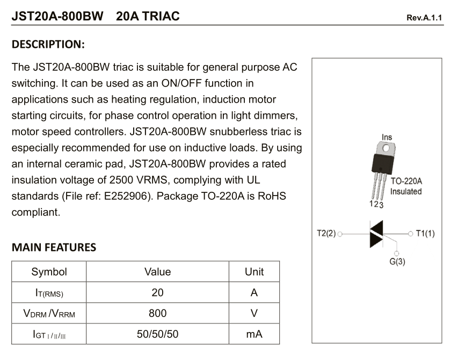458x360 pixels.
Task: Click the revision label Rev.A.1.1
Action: (x=424, y=18)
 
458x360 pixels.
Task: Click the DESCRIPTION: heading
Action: (x=48, y=44)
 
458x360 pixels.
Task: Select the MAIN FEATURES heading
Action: (x=54, y=248)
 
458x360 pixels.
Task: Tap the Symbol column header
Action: (x=49, y=272)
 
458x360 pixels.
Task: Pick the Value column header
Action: (x=157, y=272)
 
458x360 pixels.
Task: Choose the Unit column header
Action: (x=254, y=272)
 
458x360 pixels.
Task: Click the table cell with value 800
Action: (x=157, y=313)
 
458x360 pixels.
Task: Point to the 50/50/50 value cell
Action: (x=157, y=334)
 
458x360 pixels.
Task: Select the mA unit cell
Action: (x=254, y=334)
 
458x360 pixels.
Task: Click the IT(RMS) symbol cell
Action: (x=49, y=293)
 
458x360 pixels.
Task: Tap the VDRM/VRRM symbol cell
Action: (x=49, y=314)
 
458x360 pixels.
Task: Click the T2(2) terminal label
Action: (x=326, y=234)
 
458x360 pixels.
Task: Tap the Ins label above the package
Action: (x=387, y=138)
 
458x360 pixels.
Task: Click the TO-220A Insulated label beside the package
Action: (x=406, y=186)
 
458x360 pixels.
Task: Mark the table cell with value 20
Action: (x=157, y=293)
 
